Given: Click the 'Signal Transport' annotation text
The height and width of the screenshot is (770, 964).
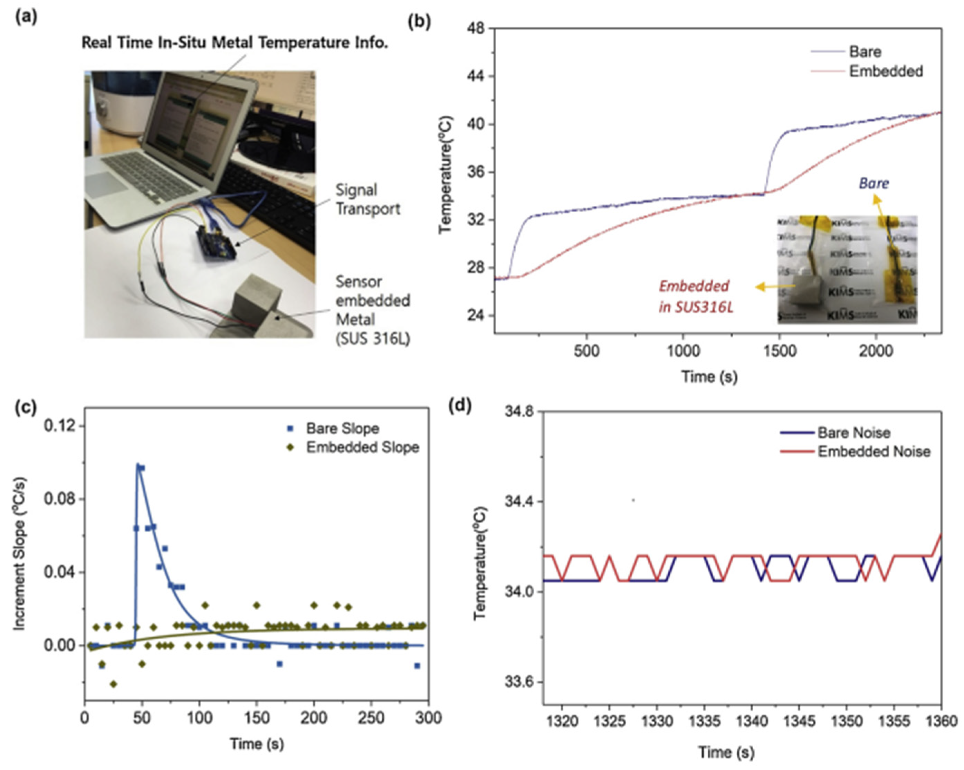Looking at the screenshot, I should tap(368, 199).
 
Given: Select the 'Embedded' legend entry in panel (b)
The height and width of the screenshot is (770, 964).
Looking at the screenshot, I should tap(885, 71).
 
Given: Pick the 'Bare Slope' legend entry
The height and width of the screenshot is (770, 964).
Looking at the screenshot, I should tap(342, 428).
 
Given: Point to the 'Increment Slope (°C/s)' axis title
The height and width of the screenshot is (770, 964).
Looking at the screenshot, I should tap(20, 555).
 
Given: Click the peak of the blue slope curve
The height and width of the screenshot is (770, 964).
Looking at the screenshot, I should tap(139, 465).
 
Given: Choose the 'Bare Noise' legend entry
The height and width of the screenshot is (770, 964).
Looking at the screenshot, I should tap(853, 433).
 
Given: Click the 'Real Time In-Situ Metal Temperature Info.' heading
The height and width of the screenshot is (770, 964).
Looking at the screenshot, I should tap(234, 43).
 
